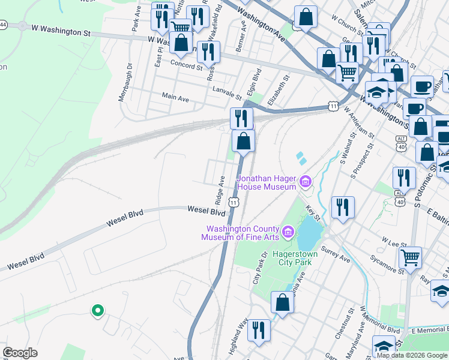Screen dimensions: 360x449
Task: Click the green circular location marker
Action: (x=97, y=311)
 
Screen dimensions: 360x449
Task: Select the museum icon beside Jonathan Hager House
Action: (x=305, y=181)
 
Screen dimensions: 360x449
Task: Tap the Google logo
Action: (x=20, y=353)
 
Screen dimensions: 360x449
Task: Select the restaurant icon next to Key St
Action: (x=342, y=208)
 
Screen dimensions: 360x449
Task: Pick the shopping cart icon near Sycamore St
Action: (x=411, y=258)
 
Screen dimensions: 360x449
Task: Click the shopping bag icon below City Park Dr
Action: (x=282, y=302)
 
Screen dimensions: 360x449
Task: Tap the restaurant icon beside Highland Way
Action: (x=259, y=330)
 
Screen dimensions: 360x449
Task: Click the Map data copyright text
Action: (x=412, y=355)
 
